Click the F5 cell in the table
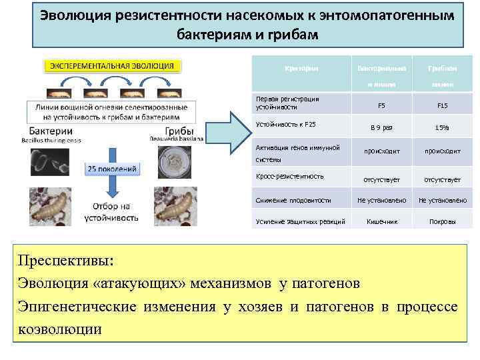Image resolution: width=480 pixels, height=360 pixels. pos(381,105)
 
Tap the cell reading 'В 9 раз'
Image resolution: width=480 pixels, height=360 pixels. pos(381,127)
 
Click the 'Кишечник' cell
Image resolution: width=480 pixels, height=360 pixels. pos(381,221)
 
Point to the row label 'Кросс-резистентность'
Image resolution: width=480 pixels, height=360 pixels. pos(290,176)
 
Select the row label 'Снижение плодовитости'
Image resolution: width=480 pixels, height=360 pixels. pos(293,199)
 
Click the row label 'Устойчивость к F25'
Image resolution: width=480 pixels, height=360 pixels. pos(286,124)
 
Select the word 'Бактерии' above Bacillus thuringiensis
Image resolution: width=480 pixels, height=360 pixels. pos(51,130)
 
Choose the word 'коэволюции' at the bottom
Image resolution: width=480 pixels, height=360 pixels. pos(60,329)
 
